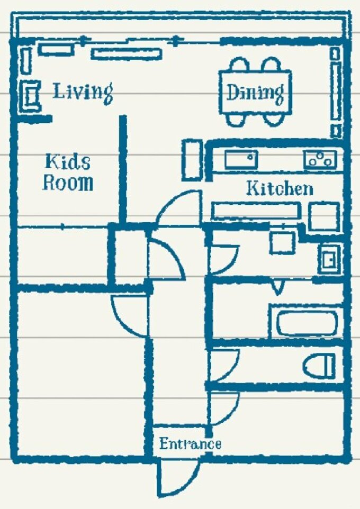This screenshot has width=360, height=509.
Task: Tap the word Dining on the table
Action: point(255,93)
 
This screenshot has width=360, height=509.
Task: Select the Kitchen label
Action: point(280,188)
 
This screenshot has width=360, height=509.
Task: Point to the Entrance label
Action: point(191,443)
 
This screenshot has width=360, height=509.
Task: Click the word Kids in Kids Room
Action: point(68,162)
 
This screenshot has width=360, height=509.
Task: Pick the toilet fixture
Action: point(319,366)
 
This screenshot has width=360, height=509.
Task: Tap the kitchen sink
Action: point(241,159)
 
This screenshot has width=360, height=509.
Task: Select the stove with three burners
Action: point(320,159)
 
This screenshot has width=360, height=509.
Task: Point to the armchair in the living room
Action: point(30,96)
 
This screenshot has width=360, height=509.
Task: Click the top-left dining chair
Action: point(239,64)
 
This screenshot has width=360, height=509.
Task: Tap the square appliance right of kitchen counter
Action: point(323,217)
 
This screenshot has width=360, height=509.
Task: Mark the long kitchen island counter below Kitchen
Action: point(256,211)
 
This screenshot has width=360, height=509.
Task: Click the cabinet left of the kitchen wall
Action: point(192,160)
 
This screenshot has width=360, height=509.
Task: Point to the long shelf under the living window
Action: point(126,54)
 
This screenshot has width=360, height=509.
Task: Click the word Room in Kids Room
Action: point(68,183)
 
